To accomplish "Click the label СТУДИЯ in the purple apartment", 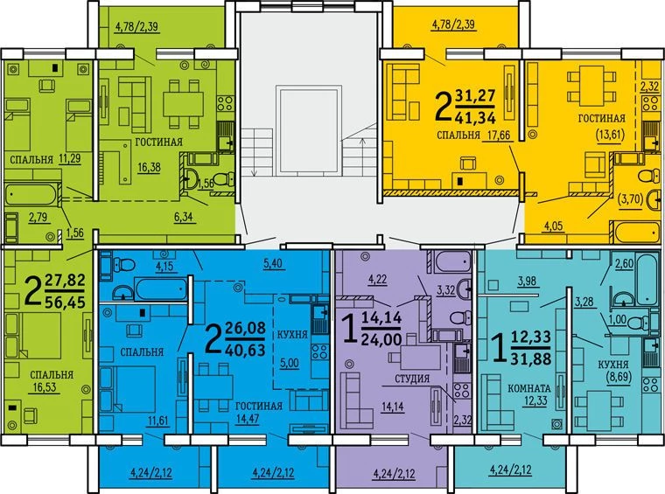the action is coord(412,379).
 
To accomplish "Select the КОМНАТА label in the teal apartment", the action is coord(528,388).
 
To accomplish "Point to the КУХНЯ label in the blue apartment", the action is coord(292,334).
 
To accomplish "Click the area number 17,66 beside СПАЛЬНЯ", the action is coord(497,135).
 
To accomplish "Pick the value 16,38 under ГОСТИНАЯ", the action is coord(149,167).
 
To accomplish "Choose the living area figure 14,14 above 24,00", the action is coord(381,317).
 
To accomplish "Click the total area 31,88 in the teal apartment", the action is coord(531,358).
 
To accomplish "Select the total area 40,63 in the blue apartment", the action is coord(245,350).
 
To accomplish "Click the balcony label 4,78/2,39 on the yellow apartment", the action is coord(453,24).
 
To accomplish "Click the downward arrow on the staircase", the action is coord(255,152).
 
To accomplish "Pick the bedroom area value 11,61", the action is coord(157,421).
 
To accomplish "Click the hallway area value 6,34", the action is coord(183,217).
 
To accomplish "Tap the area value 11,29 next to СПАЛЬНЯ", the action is coord(70,158).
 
